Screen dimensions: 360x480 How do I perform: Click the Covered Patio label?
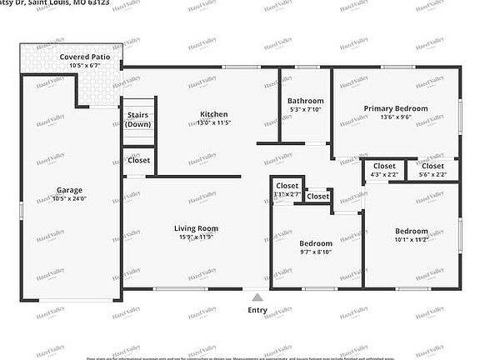pyautogui.click(x=84, y=57)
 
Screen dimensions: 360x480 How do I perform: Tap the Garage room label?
pyautogui.click(x=69, y=189)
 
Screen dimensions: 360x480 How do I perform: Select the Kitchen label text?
pyautogui.click(x=213, y=115)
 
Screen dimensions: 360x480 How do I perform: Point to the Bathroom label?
pyautogui.click(x=305, y=101)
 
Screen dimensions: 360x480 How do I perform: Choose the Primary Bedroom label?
pyautogui.click(x=395, y=108)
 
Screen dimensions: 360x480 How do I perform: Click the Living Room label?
pyautogui.click(x=196, y=228)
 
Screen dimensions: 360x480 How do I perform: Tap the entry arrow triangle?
pyautogui.click(x=257, y=296)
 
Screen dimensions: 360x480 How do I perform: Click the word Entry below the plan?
pyautogui.click(x=257, y=310)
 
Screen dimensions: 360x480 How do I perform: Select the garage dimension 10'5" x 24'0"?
pyautogui.click(x=69, y=199)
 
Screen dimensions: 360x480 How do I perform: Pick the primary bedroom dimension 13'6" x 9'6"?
pyautogui.click(x=395, y=118)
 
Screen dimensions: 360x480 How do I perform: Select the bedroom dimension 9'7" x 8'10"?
pyautogui.click(x=316, y=252)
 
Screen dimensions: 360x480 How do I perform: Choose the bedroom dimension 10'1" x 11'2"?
pyautogui.click(x=411, y=241)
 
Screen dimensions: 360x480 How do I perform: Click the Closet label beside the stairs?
pyautogui.click(x=138, y=161)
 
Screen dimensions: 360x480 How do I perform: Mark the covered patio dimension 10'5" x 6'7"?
pyautogui.click(x=84, y=66)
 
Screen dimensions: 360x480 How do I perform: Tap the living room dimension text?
pyautogui.click(x=196, y=238)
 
